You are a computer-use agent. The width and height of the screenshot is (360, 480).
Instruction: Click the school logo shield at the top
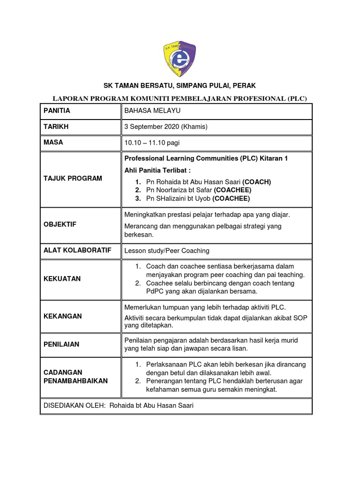coord(180,59)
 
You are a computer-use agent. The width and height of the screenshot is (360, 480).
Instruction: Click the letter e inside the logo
coord(179,60)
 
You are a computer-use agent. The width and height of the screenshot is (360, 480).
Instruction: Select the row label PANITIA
coord(57,111)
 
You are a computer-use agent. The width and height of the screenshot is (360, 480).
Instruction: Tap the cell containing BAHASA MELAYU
coord(152,111)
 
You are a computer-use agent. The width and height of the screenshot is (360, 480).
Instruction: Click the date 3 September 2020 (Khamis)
coord(165,127)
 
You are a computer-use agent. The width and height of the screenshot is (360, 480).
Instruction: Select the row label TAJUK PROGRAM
coord(73,179)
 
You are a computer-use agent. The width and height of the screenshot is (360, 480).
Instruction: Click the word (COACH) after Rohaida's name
coord(257,182)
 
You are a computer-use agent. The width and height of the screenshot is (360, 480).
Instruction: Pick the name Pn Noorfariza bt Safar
coord(179,190)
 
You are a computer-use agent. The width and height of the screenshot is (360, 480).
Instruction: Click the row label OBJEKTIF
coord(60,225)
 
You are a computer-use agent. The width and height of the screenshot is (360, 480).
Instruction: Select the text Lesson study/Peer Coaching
coord(166,251)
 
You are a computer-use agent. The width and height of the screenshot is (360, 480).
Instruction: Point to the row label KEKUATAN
coord(62,279)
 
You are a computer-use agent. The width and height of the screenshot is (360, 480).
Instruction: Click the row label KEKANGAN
coord(62,316)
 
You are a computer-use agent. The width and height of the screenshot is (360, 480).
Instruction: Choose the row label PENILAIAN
coord(61,345)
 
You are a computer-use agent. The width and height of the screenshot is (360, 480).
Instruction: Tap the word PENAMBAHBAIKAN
coord(75,381)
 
